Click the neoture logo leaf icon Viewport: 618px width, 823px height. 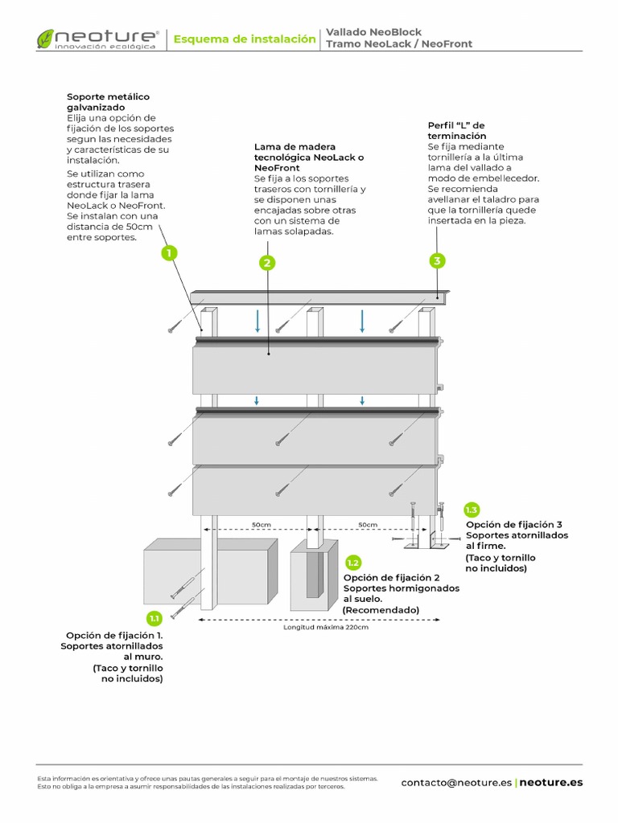click(x=45, y=39)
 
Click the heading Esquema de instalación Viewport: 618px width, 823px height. click(x=245, y=39)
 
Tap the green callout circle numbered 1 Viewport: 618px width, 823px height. click(x=168, y=253)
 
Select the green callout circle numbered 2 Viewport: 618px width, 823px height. click(x=268, y=262)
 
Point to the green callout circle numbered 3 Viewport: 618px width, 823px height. click(x=436, y=260)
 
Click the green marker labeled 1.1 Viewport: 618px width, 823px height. click(x=154, y=618)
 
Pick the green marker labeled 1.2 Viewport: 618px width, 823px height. click(x=352, y=563)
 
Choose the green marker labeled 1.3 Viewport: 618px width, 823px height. click(x=472, y=510)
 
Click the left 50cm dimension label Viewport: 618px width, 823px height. click(x=261, y=525)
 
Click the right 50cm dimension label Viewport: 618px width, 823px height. click(x=368, y=525)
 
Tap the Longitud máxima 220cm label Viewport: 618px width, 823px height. click(x=325, y=628)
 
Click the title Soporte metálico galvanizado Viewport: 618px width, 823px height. click(x=108, y=102)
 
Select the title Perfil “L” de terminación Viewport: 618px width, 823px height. click(x=456, y=130)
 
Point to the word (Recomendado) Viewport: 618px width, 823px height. click(x=381, y=610)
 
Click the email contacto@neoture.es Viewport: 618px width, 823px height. click(x=455, y=782)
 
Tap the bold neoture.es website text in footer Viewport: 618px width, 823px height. click(x=551, y=782)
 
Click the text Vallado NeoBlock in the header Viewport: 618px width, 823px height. click(x=373, y=32)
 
